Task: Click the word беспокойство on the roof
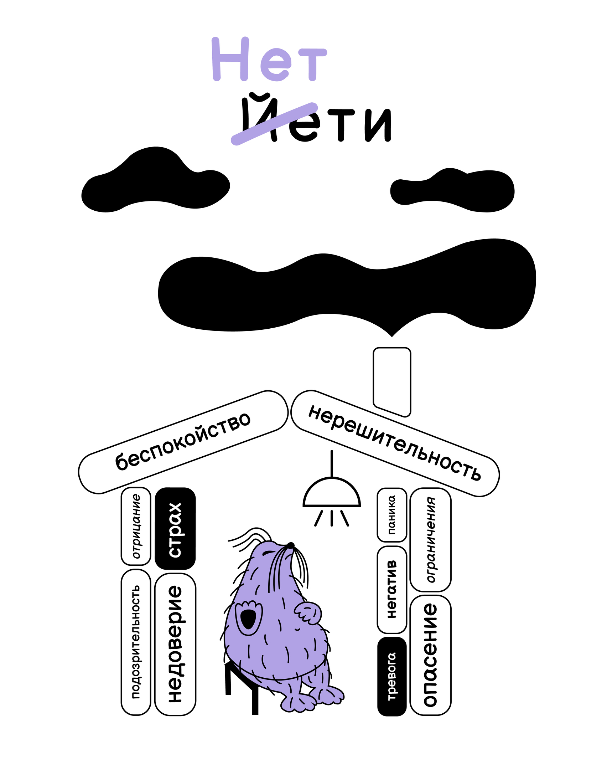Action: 183,441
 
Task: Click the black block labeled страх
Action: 175,529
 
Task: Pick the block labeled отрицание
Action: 136,526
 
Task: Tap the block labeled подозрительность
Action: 136,642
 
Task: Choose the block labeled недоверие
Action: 175,644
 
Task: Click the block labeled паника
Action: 392,515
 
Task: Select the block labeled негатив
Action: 392,589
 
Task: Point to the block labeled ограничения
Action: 431,539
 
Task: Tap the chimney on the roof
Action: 392,381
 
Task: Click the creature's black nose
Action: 291,546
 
